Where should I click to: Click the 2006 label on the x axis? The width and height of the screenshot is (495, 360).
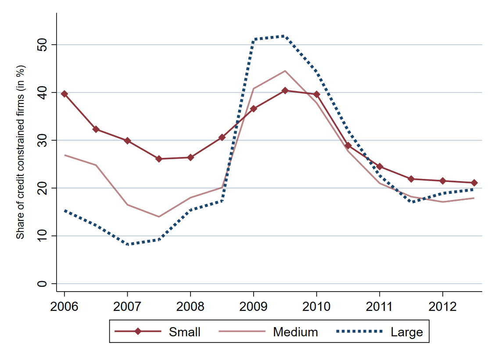click(x=64, y=306)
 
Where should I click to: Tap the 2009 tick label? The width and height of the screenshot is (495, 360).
click(x=254, y=306)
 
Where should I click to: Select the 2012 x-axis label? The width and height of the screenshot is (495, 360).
click(x=443, y=306)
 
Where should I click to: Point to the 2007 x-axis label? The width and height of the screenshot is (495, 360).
click(x=127, y=306)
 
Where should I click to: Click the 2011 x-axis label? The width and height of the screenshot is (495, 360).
click(x=380, y=306)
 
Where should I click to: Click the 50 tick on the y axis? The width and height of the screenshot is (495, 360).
click(x=42, y=45)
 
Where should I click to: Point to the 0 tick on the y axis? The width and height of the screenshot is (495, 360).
click(x=42, y=284)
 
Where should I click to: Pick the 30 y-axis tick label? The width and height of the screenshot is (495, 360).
click(x=42, y=140)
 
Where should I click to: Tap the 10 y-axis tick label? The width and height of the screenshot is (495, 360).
click(x=42, y=236)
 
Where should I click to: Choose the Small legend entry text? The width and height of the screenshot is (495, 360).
click(x=185, y=332)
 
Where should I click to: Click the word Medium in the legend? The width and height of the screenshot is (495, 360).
click(x=295, y=332)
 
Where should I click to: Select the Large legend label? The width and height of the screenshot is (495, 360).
click(x=407, y=332)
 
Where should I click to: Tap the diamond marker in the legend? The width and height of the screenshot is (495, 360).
click(x=138, y=332)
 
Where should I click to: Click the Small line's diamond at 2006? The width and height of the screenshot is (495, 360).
click(x=65, y=94)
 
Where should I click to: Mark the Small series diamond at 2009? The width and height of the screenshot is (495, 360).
click(x=254, y=108)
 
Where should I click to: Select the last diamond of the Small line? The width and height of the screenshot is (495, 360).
click(x=474, y=183)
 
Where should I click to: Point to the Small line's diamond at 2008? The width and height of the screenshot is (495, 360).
click(x=190, y=157)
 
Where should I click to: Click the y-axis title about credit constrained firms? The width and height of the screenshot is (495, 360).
click(x=20, y=152)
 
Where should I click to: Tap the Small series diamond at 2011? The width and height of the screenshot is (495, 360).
click(x=380, y=167)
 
